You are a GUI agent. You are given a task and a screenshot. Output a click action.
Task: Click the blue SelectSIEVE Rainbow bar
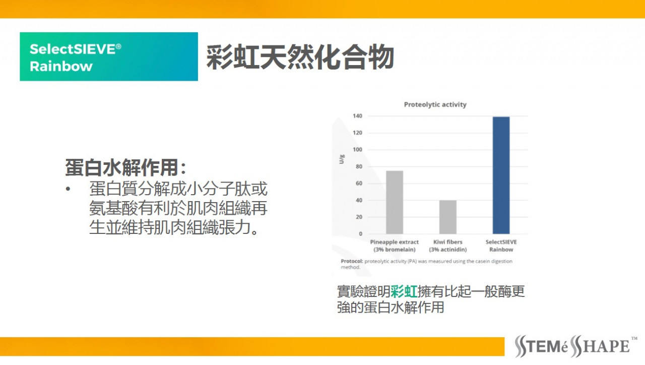[x=501, y=175]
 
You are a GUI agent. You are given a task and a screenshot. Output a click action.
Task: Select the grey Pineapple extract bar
[x=395, y=202]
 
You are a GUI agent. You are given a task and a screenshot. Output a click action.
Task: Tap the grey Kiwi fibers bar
[x=448, y=217]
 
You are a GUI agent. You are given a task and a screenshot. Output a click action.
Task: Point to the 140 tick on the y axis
[x=358, y=116]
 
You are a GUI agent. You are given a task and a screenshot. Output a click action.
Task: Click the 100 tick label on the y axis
[x=358, y=150]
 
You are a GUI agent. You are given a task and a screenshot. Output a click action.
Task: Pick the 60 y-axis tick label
[x=359, y=183]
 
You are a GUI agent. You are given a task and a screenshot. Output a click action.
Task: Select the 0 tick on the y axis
[x=360, y=234]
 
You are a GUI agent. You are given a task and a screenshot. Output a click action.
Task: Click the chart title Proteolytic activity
[x=435, y=104]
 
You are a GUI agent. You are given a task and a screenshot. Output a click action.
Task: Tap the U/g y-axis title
[x=342, y=159]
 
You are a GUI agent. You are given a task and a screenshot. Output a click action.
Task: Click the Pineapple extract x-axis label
[x=395, y=246]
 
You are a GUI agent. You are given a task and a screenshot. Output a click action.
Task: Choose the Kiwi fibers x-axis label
[x=448, y=246]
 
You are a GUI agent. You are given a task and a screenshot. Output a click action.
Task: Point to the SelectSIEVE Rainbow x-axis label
[x=501, y=246]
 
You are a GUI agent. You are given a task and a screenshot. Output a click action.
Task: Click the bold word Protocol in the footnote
[x=352, y=261]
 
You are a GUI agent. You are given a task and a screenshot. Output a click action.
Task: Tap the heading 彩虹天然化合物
[x=300, y=57]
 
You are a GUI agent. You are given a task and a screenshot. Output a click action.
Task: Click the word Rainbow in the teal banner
[x=61, y=66]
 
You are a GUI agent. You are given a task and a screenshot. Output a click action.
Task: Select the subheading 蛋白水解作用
[x=122, y=167]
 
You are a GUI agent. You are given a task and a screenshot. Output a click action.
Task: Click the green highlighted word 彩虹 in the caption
[x=404, y=291]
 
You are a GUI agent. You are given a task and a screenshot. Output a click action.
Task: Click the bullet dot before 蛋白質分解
[x=68, y=189]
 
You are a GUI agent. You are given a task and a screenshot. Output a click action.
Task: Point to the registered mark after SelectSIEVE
[x=118, y=47]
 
